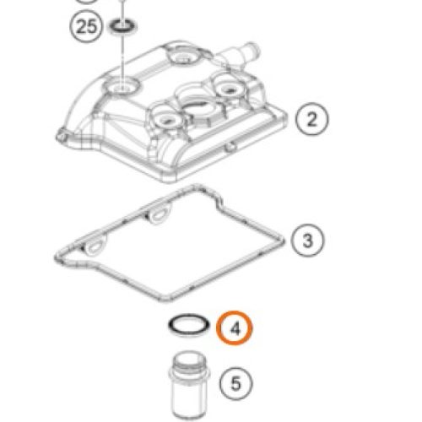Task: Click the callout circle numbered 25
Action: coord(86,27)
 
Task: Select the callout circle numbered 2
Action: coord(311,119)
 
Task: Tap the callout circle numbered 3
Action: coord(307,241)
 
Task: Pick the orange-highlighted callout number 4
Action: coord(235,327)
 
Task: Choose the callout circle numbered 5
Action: coord(235,383)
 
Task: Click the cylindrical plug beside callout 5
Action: coord(189,385)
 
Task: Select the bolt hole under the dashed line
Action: coord(122,86)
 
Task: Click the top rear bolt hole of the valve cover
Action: coord(184,57)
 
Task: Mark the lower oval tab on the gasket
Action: coord(95,247)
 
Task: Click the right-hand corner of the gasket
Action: coord(284,241)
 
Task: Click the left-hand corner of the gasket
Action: coord(57,258)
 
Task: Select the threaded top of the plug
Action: coord(189,361)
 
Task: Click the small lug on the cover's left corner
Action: coord(61,136)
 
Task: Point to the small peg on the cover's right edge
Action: coord(230,146)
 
